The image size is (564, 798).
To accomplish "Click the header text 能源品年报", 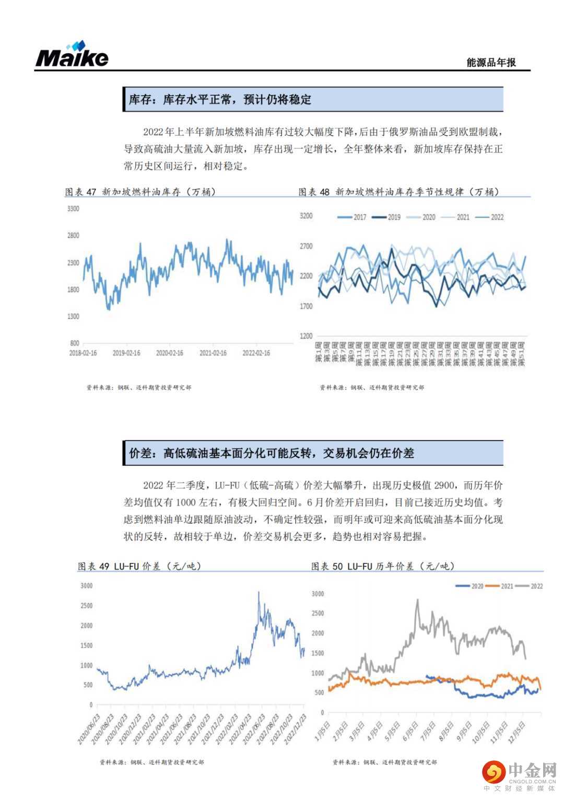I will [491, 62].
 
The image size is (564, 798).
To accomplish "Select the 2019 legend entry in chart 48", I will [387, 217].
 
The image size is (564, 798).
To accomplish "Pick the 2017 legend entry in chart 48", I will [352, 217].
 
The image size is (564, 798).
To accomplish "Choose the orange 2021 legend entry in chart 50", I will [501, 586].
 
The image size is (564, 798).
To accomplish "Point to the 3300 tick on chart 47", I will [73, 209].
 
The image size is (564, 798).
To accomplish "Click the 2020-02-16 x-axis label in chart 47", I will [169, 353].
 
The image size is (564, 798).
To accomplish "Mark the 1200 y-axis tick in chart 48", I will [306, 336].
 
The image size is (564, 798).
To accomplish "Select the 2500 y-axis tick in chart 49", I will [86, 606].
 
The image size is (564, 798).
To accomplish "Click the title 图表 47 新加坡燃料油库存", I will [140, 192].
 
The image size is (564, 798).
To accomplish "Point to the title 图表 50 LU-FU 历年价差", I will [383, 566].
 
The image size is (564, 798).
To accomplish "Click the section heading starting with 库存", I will [220, 99].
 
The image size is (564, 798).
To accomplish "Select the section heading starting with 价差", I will [272, 453].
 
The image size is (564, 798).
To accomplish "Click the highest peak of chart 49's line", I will [258, 592].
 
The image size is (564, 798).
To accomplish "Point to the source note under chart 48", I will [372, 388].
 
